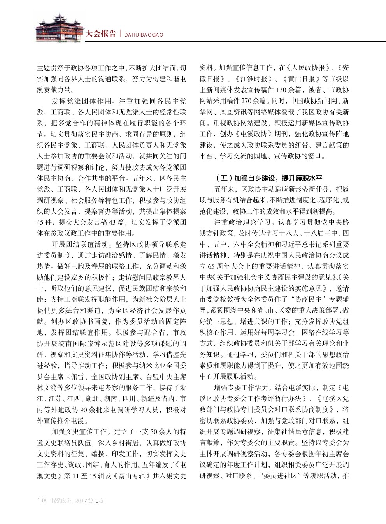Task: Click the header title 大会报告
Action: (x=101, y=34)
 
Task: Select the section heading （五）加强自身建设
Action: (x=270, y=178)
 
